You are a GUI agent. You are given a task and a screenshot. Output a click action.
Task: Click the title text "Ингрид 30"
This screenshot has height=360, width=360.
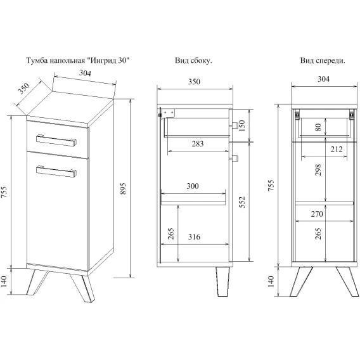coord(109,61)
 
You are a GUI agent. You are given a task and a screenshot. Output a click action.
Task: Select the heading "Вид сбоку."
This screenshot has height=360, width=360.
coord(193,61)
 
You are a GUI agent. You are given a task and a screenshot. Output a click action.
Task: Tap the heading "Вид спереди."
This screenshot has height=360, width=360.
coord(323,61)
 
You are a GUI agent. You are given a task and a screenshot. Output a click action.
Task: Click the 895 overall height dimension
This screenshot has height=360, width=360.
coord(124,188)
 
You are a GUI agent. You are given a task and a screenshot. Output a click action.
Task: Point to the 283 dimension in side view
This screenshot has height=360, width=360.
coord(198,144)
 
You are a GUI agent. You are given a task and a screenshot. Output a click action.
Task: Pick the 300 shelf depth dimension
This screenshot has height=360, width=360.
coord(193,186)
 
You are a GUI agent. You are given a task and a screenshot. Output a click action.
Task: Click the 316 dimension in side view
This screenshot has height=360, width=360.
coord(194,236)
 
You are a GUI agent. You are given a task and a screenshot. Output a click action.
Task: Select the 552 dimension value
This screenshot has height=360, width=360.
coord(242,202)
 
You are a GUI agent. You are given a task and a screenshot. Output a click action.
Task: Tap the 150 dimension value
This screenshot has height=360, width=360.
coord(242,125)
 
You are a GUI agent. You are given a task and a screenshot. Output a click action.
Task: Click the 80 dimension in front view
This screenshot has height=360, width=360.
coord(318,127)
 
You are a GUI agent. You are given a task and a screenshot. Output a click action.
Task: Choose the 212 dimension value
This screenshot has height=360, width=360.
coord(337,150)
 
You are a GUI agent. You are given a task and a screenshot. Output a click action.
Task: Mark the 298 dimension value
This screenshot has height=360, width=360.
coord(318,170)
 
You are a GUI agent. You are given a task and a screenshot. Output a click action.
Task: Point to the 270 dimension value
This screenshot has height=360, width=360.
coord(317,214)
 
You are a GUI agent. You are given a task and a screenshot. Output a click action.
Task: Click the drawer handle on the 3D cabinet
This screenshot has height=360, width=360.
coord(56,140)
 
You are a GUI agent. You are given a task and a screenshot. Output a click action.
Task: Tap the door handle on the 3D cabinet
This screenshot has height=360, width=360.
coord(56,171)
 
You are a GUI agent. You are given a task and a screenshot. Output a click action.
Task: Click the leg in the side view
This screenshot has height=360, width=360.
coord(222,281)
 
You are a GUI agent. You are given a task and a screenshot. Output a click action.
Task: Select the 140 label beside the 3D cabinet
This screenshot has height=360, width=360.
coord(4,281)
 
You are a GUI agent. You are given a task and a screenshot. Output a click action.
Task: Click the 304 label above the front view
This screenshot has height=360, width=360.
coord(323,79)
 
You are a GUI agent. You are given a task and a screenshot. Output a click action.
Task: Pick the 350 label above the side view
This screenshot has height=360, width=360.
coord(194,82)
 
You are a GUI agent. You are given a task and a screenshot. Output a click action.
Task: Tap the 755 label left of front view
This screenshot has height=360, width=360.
coord(271,185)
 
